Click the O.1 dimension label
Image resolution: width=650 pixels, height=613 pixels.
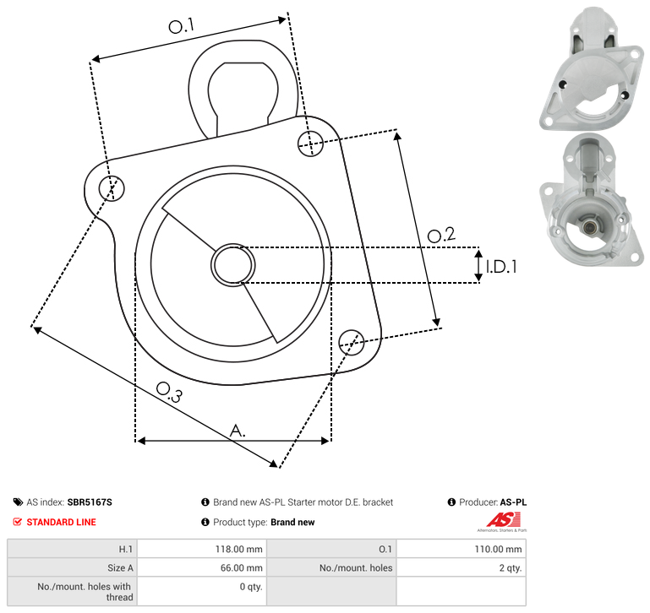tap(181, 26)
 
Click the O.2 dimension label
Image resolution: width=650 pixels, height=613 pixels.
tap(441, 235)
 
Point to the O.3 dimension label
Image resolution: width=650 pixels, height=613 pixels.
tap(169, 392)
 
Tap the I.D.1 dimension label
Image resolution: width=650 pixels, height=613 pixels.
tap(501, 267)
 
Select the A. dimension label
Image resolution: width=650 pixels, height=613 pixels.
tap(238, 431)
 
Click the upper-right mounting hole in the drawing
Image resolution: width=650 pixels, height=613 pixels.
tap(310, 144)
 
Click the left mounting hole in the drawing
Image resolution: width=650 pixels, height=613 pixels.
tap(112, 188)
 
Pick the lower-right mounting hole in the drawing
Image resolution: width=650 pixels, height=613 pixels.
tap(352, 342)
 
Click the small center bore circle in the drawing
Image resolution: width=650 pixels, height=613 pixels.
tap(233, 265)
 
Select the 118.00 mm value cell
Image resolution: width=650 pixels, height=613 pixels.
tap(202, 549)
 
